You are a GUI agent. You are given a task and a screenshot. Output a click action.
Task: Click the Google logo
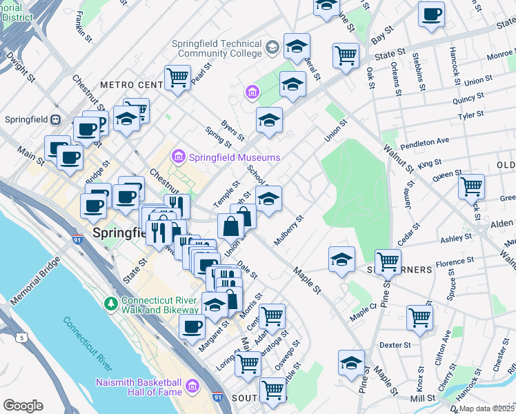coord(23,406)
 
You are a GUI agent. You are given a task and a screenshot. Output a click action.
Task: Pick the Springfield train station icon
coord(55,119)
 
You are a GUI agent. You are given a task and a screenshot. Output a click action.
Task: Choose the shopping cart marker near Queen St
coord(471,185)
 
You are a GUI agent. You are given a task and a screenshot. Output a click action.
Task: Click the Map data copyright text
coord(488,408)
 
